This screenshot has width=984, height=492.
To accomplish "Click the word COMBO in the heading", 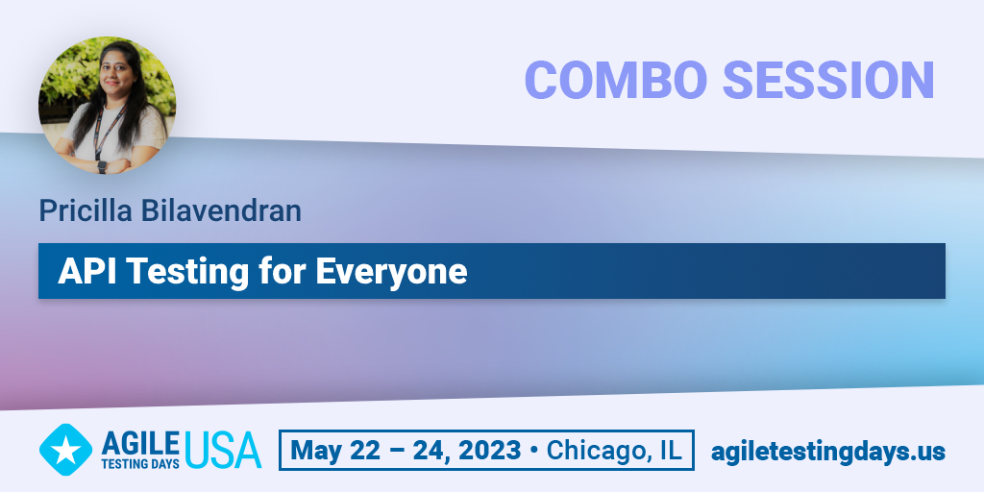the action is pyautogui.click(x=616, y=81).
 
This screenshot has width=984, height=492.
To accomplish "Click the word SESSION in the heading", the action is pyautogui.click(x=828, y=81).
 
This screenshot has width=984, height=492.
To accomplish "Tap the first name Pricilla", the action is pyautogui.click(x=86, y=211).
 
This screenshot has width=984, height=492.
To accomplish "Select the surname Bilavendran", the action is pyautogui.click(x=221, y=210).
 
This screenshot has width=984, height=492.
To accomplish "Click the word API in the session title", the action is pyautogui.click(x=83, y=271).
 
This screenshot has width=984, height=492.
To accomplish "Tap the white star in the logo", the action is pyautogui.click(x=65, y=450).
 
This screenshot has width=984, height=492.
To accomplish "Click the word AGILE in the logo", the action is pyautogui.click(x=140, y=444).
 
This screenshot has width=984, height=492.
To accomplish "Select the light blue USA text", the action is pyautogui.click(x=223, y=450).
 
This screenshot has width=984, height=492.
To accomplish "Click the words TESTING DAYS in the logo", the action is pyautogui.click(x=140, y=463).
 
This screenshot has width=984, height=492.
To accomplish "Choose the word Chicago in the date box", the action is pyautogui.click(x=595, y=451).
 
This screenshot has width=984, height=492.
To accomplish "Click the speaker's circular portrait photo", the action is pyautogui.click(x=108, y=105).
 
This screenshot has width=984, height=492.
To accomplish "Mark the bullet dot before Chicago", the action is pyautogui.click(x=534, y=451).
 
